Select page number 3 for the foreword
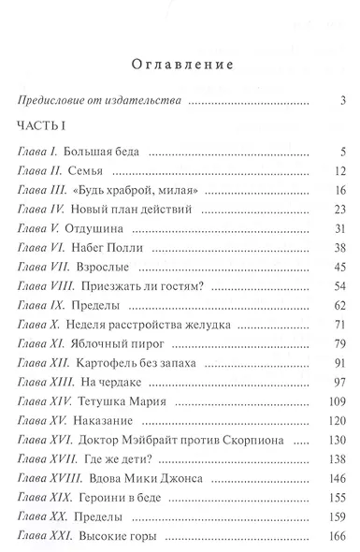[344, 101]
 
